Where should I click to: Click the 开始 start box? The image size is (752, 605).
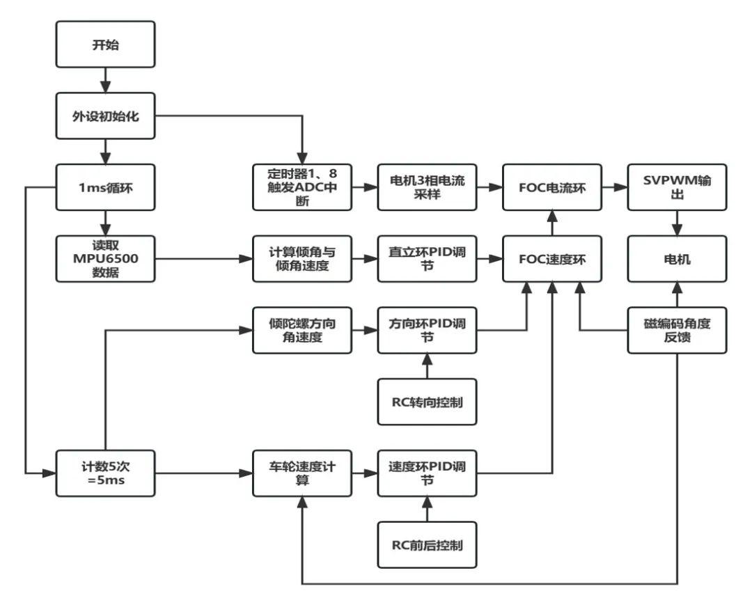tap(106, 44)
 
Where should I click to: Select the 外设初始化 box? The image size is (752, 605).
tap(106, 116)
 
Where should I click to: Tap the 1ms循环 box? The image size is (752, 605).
tap(106, 187)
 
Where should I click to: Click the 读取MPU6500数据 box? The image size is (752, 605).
tap(106, 259)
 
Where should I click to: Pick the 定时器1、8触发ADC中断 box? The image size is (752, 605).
tap(302, 187)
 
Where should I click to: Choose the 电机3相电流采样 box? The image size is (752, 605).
tap(428, 187)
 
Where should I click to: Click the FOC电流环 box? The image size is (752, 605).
tap(552, 187)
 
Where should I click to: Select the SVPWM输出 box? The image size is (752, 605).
tap(677, 187)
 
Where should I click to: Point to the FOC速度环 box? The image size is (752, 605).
tap(552, 259)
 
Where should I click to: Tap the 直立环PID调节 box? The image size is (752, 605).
tap(428, 259)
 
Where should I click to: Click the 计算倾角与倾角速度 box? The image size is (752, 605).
tap(302, 259)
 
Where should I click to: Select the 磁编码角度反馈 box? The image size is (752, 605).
tap(677, 330)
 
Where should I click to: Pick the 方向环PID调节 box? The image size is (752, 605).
tap(428, 330)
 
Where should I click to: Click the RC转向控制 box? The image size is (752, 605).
tap(428, 402)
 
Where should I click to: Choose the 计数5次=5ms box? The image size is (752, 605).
tap(106, 473)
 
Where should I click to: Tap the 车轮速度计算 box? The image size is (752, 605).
tap(302, 473)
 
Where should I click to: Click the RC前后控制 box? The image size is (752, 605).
tap(428, 545)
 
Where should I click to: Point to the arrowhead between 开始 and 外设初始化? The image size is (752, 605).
tap(106, 87)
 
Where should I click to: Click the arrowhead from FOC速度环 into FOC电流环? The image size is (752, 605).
tap(552, 217)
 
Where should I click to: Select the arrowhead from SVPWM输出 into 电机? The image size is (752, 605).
tap(677, 230)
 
